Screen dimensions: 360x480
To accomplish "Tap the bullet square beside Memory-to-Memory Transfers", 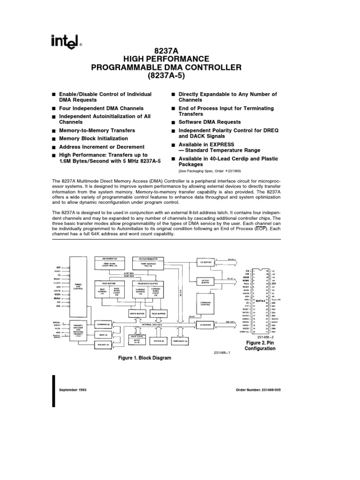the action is click(54, 131).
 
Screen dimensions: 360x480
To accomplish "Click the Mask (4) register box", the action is click(103, 335).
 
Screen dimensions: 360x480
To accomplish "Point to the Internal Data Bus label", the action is click(152, 324).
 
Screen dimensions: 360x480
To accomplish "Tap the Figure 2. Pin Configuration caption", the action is click(261, 345).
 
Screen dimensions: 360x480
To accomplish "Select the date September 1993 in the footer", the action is click(73, 390).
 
